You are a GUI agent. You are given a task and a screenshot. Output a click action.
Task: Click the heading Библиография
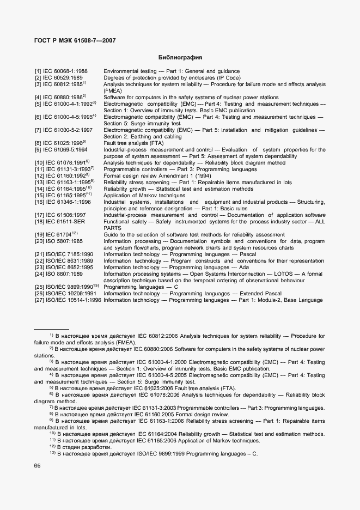180,57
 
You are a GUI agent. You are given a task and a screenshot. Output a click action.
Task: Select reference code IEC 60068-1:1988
64,71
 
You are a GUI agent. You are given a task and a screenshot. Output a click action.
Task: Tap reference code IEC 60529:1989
64,78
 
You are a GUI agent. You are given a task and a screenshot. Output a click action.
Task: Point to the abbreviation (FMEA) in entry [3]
114,91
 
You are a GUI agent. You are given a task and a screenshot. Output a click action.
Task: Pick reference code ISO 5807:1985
62,241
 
